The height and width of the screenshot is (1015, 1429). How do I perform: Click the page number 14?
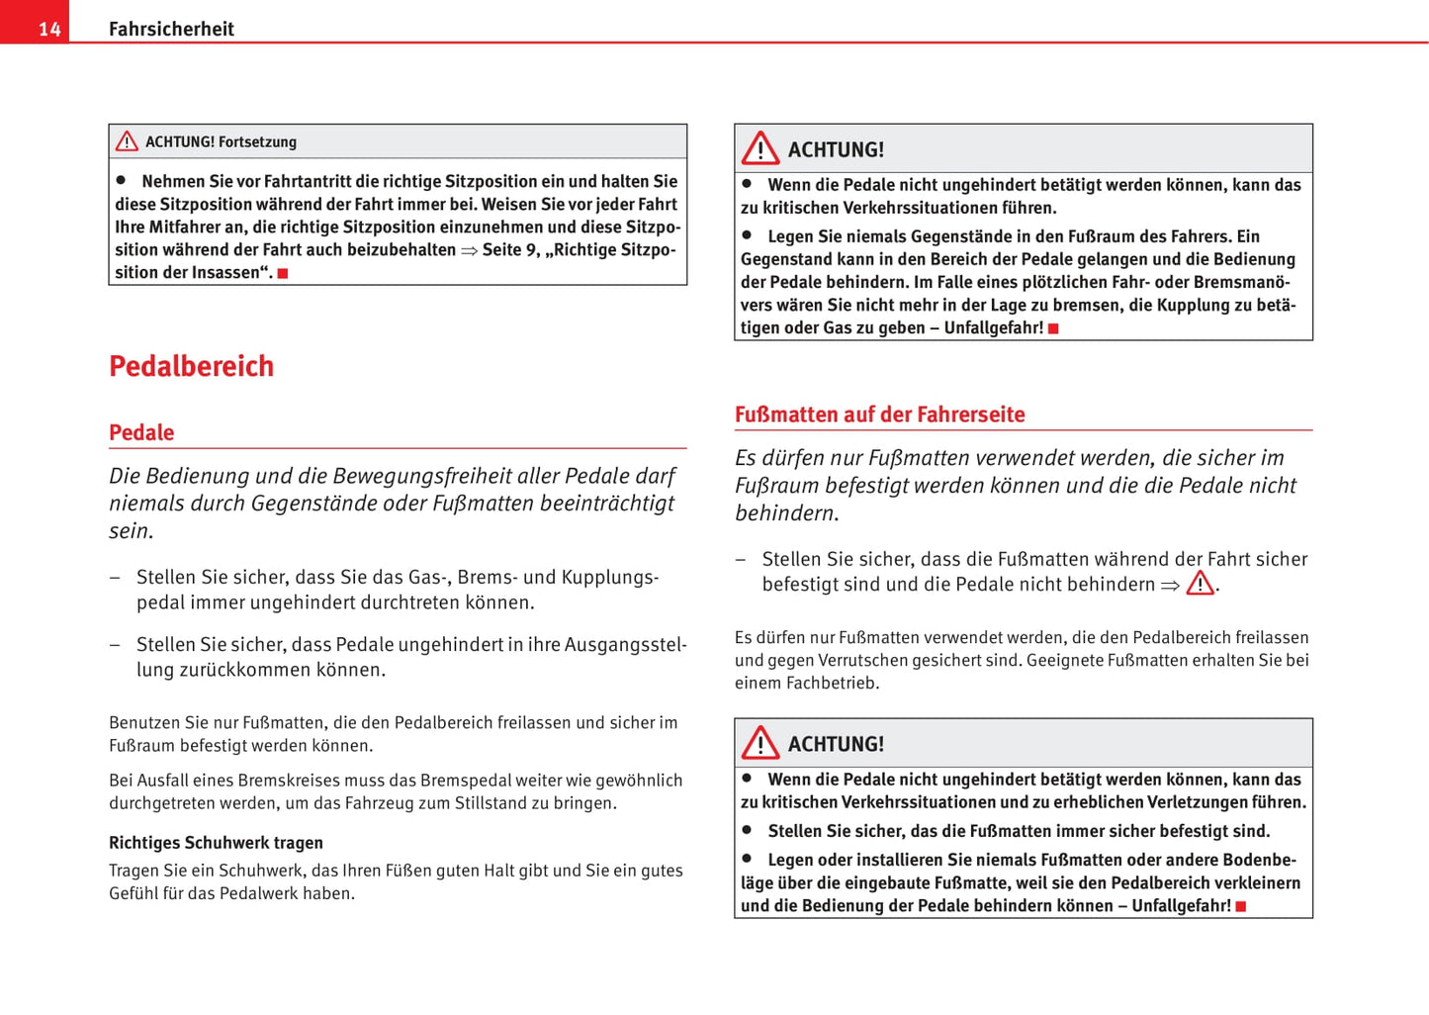click(49, 30)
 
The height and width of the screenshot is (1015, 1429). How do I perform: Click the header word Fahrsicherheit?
click(171, 30)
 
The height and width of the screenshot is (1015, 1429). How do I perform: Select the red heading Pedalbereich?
click(191, 366)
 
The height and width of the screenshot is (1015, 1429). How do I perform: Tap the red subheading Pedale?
click(141, 432)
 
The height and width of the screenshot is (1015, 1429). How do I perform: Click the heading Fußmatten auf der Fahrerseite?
click(879, 415)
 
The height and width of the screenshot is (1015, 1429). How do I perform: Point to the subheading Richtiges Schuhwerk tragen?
click(216, 843)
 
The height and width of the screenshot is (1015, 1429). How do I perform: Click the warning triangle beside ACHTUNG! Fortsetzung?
click(127, 141)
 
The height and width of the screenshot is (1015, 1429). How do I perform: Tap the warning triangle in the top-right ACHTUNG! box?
click(760, 149)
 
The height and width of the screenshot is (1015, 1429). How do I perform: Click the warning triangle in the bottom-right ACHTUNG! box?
click(760, 743)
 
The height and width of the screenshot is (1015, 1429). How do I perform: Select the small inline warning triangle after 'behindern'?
click(1200, 584)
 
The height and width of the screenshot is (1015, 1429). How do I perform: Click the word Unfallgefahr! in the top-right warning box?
click(993, 328)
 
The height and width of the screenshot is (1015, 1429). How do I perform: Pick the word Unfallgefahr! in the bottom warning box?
click(1181, 906)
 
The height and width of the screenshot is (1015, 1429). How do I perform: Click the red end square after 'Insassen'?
click(283, 273)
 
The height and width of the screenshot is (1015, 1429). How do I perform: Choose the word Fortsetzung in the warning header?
click(257, 141)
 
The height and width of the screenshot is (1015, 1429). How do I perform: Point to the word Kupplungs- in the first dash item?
click(610, 577)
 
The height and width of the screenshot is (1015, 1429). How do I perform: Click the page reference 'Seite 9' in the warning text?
click(510, 250)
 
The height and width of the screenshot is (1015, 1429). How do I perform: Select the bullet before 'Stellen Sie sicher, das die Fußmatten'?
click(748, 830)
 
